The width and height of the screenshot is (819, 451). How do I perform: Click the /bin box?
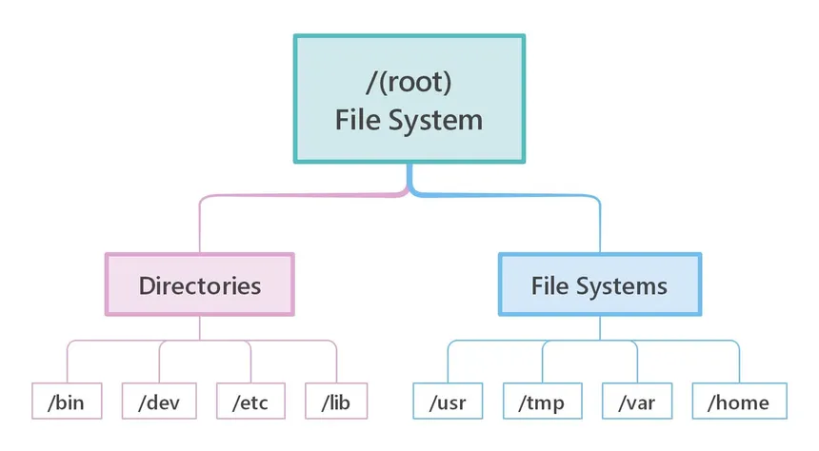[x=67, y=401]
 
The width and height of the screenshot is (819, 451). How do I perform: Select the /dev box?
[x=159, y=401]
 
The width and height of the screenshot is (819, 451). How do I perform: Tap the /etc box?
[x=250, y=401]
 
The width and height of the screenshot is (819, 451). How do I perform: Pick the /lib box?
[x=336, y=401]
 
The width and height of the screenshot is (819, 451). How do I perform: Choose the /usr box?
[x=448, y=401]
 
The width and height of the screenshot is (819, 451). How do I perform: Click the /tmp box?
[x=542, y=401]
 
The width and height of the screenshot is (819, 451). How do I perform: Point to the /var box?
[x=637, y=401]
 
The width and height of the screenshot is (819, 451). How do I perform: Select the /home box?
[x=740, y=401]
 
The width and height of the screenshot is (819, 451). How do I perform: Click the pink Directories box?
[x=200, y=284]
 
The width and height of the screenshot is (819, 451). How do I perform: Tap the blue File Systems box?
[x=600, y=284]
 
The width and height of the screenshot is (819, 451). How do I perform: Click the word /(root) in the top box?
[x=409, y=82]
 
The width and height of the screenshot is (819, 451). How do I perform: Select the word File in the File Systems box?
[x=550, y=286]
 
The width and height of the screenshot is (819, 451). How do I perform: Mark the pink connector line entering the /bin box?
[x=68, y=362]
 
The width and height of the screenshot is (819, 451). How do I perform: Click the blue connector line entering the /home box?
[x=739, y=362]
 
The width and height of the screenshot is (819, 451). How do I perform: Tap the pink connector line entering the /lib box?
[x=336, y=362]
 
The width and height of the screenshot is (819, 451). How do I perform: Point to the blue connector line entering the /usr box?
[x=448, y=362]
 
